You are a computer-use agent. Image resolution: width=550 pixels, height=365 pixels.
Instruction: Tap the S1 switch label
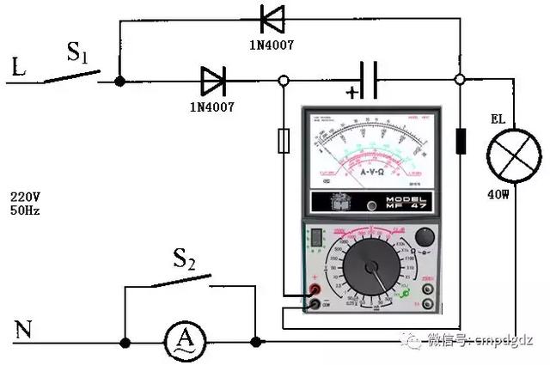point(77,54)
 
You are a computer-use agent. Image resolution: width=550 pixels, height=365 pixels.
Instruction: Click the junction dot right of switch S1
point(119,81)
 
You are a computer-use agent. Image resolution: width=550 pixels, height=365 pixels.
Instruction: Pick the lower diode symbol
point(212,81)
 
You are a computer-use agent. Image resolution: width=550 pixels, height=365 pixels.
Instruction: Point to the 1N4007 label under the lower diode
point(211,107)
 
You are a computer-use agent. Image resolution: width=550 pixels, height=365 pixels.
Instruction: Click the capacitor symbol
point(370,81)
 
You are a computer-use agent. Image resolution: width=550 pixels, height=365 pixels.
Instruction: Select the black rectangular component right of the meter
point(461,141)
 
